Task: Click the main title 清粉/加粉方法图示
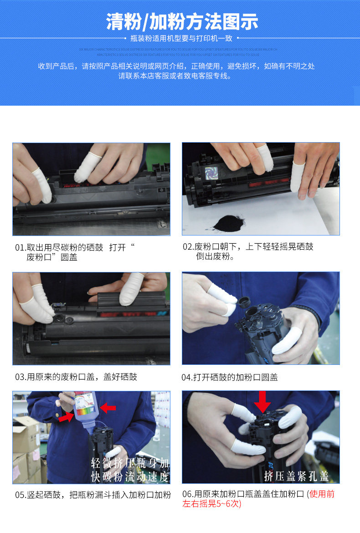coord(182,21)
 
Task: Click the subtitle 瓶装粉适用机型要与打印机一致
coord(181,39)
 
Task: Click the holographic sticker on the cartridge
coord(211,173)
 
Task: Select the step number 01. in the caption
coord(21,248)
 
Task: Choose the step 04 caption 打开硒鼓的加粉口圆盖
coord(236,377)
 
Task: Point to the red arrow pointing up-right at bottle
coord(66,416)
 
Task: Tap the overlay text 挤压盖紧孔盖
coord(296,476)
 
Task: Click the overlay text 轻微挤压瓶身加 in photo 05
coord(130,463)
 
